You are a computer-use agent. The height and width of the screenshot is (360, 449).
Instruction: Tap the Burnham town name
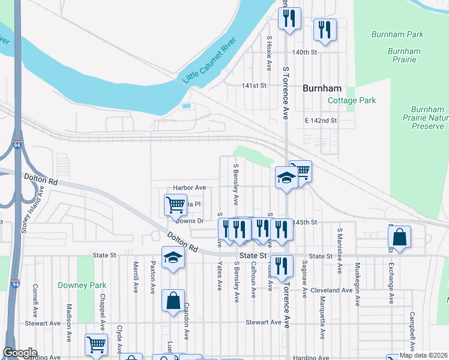pyautogui.click(x=322, y=88)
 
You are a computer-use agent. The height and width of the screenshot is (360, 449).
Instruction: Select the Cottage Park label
pyautogui.click(x=352, y=100)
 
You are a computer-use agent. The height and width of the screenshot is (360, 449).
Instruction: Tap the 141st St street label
pyautogui.click(x=254, y=86)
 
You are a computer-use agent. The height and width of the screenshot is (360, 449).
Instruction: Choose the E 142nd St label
pyautogui.click(x=321, y=121)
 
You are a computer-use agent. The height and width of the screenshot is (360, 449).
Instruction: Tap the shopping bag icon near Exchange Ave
pyautogui.click(x=399, y=238)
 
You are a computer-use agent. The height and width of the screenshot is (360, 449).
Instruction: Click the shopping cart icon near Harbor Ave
pyautogui.click(x=175, y=204)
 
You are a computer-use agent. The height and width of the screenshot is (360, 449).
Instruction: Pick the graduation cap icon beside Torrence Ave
pyautogui.click(x=286, y=178)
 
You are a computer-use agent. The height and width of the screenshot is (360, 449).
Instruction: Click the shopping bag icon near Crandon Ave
pyautogui.click(x=173, y=301)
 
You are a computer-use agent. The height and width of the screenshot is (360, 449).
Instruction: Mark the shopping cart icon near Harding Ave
pyautogui.click(x=96, y=345)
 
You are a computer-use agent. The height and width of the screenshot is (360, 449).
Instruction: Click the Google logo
pyautogui.click(x=20, y=353)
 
